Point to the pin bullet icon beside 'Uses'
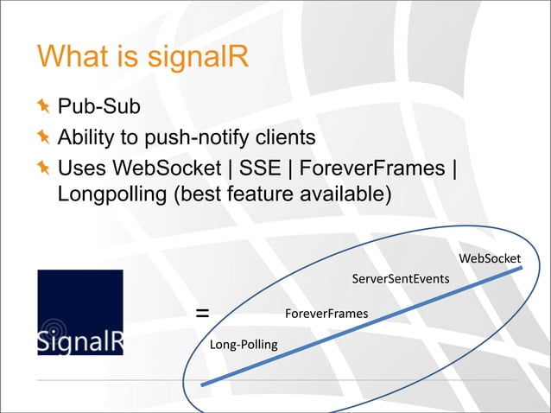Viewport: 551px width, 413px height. (x=44, y=166)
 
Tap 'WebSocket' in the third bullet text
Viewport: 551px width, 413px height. (x=169, y=166)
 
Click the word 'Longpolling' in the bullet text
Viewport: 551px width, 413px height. (x=112, y=194)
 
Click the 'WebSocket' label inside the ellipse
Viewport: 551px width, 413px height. (x=489, y=258)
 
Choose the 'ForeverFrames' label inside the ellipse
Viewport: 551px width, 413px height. (x=326, y=313)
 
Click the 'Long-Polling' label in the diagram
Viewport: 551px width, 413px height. (x=244, y=345)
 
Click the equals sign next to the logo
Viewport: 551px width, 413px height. (x=201, y=313)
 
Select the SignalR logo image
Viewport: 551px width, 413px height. (x=79, y=312)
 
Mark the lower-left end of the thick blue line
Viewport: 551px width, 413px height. (x=202, y=384)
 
